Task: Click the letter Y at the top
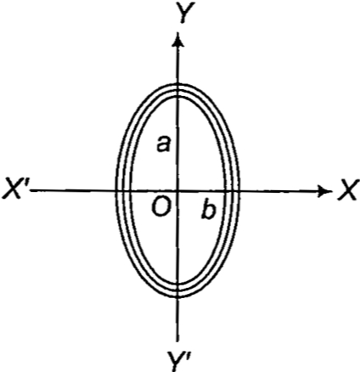click(x=183, y=14)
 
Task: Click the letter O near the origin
click(x=161, y=207)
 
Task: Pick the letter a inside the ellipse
click(x=164, y=144)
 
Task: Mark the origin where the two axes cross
click(x=177, y=191)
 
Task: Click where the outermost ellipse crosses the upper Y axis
click(x=177, y=85)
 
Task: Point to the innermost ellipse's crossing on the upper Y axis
click(x=177, y=97)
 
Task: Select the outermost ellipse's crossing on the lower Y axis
click(x=177, y=297)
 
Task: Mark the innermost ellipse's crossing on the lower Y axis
click(x=177, y=285)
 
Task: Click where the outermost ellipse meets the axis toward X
click(x=239, y=191)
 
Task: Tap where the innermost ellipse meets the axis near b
click(x=226, y=191)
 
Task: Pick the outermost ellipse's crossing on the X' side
click(x=116, y=190)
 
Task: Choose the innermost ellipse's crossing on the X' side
click(x=130, y=190)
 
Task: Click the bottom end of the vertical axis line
click(x=177, y=341)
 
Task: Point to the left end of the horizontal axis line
click(x=31, y=190)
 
